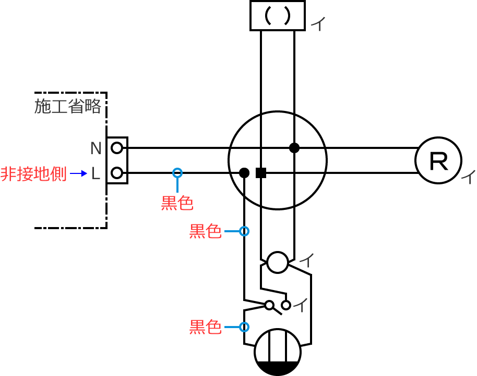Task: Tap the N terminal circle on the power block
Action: tap(117, 148)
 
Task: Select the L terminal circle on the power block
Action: tap(117, 173)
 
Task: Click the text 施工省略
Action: tap(67, 106)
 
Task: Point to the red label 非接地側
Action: tap(33, 174)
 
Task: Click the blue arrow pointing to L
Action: tap(78, 174)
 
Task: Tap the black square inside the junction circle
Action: tap(261, 173)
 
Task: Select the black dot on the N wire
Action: tap(294, 148)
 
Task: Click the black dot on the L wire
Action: tap(244, 173)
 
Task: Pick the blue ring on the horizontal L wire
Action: tap(177, 173)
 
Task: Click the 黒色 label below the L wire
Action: tap(177, 203)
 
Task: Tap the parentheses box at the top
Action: tap(277, 16)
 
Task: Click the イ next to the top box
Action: tap(317, 24)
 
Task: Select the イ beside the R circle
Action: tap(469, 178)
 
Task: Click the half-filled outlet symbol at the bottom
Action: tap(278, 352)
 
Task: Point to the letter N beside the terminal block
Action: tap(96, 148)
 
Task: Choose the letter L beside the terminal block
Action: tap(96, 174)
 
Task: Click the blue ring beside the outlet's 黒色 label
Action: tap(244, 327)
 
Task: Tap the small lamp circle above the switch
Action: tap(278, 262)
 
